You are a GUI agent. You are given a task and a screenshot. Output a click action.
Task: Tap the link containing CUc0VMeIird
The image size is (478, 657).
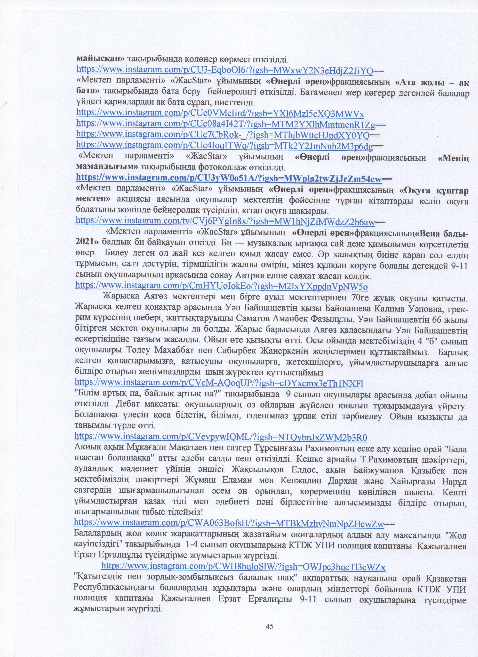pos(220,113)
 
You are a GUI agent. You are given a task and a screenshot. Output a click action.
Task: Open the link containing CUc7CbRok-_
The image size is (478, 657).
pos(223,135)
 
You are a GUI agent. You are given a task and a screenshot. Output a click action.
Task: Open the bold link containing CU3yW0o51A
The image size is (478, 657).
pos(229,179)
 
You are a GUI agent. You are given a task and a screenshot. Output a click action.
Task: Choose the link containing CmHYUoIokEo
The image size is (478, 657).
pos(221,286)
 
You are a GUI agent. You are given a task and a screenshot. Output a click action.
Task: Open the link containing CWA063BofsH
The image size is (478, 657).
pos(229,524)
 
